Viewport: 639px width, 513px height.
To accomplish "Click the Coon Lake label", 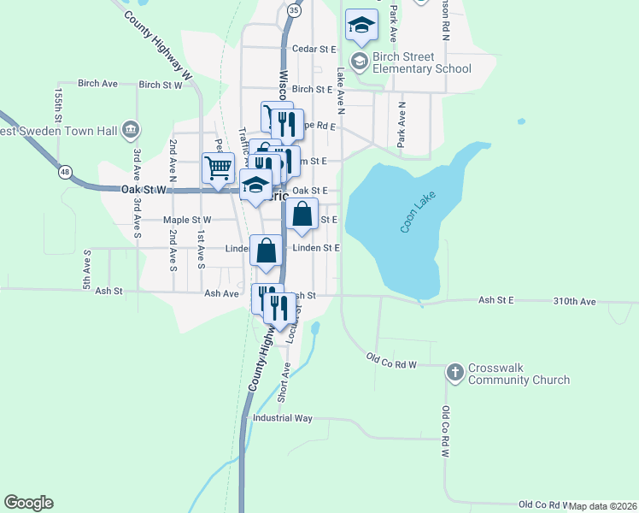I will click(419, 210).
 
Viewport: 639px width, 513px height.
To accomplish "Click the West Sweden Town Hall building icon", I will click(130, 130).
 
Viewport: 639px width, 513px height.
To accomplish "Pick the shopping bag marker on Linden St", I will click(267, 251).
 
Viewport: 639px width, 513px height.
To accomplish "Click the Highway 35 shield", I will click(294, 10).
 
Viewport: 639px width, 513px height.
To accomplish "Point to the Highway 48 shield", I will click(65, 173).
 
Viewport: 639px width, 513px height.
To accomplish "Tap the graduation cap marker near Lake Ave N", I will click(361, 26).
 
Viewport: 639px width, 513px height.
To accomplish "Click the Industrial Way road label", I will click(283, 419).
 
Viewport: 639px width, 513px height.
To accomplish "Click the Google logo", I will click(28, 503).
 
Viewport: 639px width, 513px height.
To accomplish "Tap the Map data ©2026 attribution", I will click(602, 506).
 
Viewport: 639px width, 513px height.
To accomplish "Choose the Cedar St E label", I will click(314, 50).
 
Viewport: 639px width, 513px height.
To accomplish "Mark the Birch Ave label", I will click(97, 84).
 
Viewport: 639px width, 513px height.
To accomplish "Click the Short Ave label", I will click(284, 382).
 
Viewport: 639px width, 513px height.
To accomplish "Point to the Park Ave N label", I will click(401, 121).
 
